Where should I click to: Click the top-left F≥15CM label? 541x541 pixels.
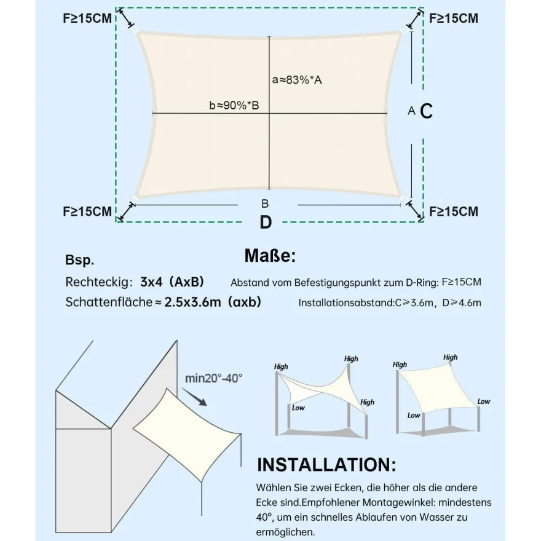87,18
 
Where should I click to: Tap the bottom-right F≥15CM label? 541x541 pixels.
454,211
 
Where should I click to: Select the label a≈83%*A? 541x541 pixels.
297,80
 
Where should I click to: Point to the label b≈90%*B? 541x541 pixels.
234,105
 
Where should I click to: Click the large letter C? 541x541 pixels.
427,111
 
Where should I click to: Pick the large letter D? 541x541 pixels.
266,222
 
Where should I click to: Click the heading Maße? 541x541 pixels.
270,256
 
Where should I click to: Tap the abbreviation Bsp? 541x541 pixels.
80,260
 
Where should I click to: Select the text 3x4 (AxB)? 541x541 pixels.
172,282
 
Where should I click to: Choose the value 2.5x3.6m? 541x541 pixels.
192,302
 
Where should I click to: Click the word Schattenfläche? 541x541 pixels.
109,302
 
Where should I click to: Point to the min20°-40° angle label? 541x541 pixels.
214,379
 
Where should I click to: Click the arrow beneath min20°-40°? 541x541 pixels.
194,397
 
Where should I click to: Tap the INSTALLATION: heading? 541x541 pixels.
326,465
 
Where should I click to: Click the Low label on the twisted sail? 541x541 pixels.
298,408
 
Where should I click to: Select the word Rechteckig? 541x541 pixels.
99,282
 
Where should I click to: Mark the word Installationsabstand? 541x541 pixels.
346,303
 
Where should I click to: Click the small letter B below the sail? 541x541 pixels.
265,204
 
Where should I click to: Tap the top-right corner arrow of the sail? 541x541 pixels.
414,19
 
